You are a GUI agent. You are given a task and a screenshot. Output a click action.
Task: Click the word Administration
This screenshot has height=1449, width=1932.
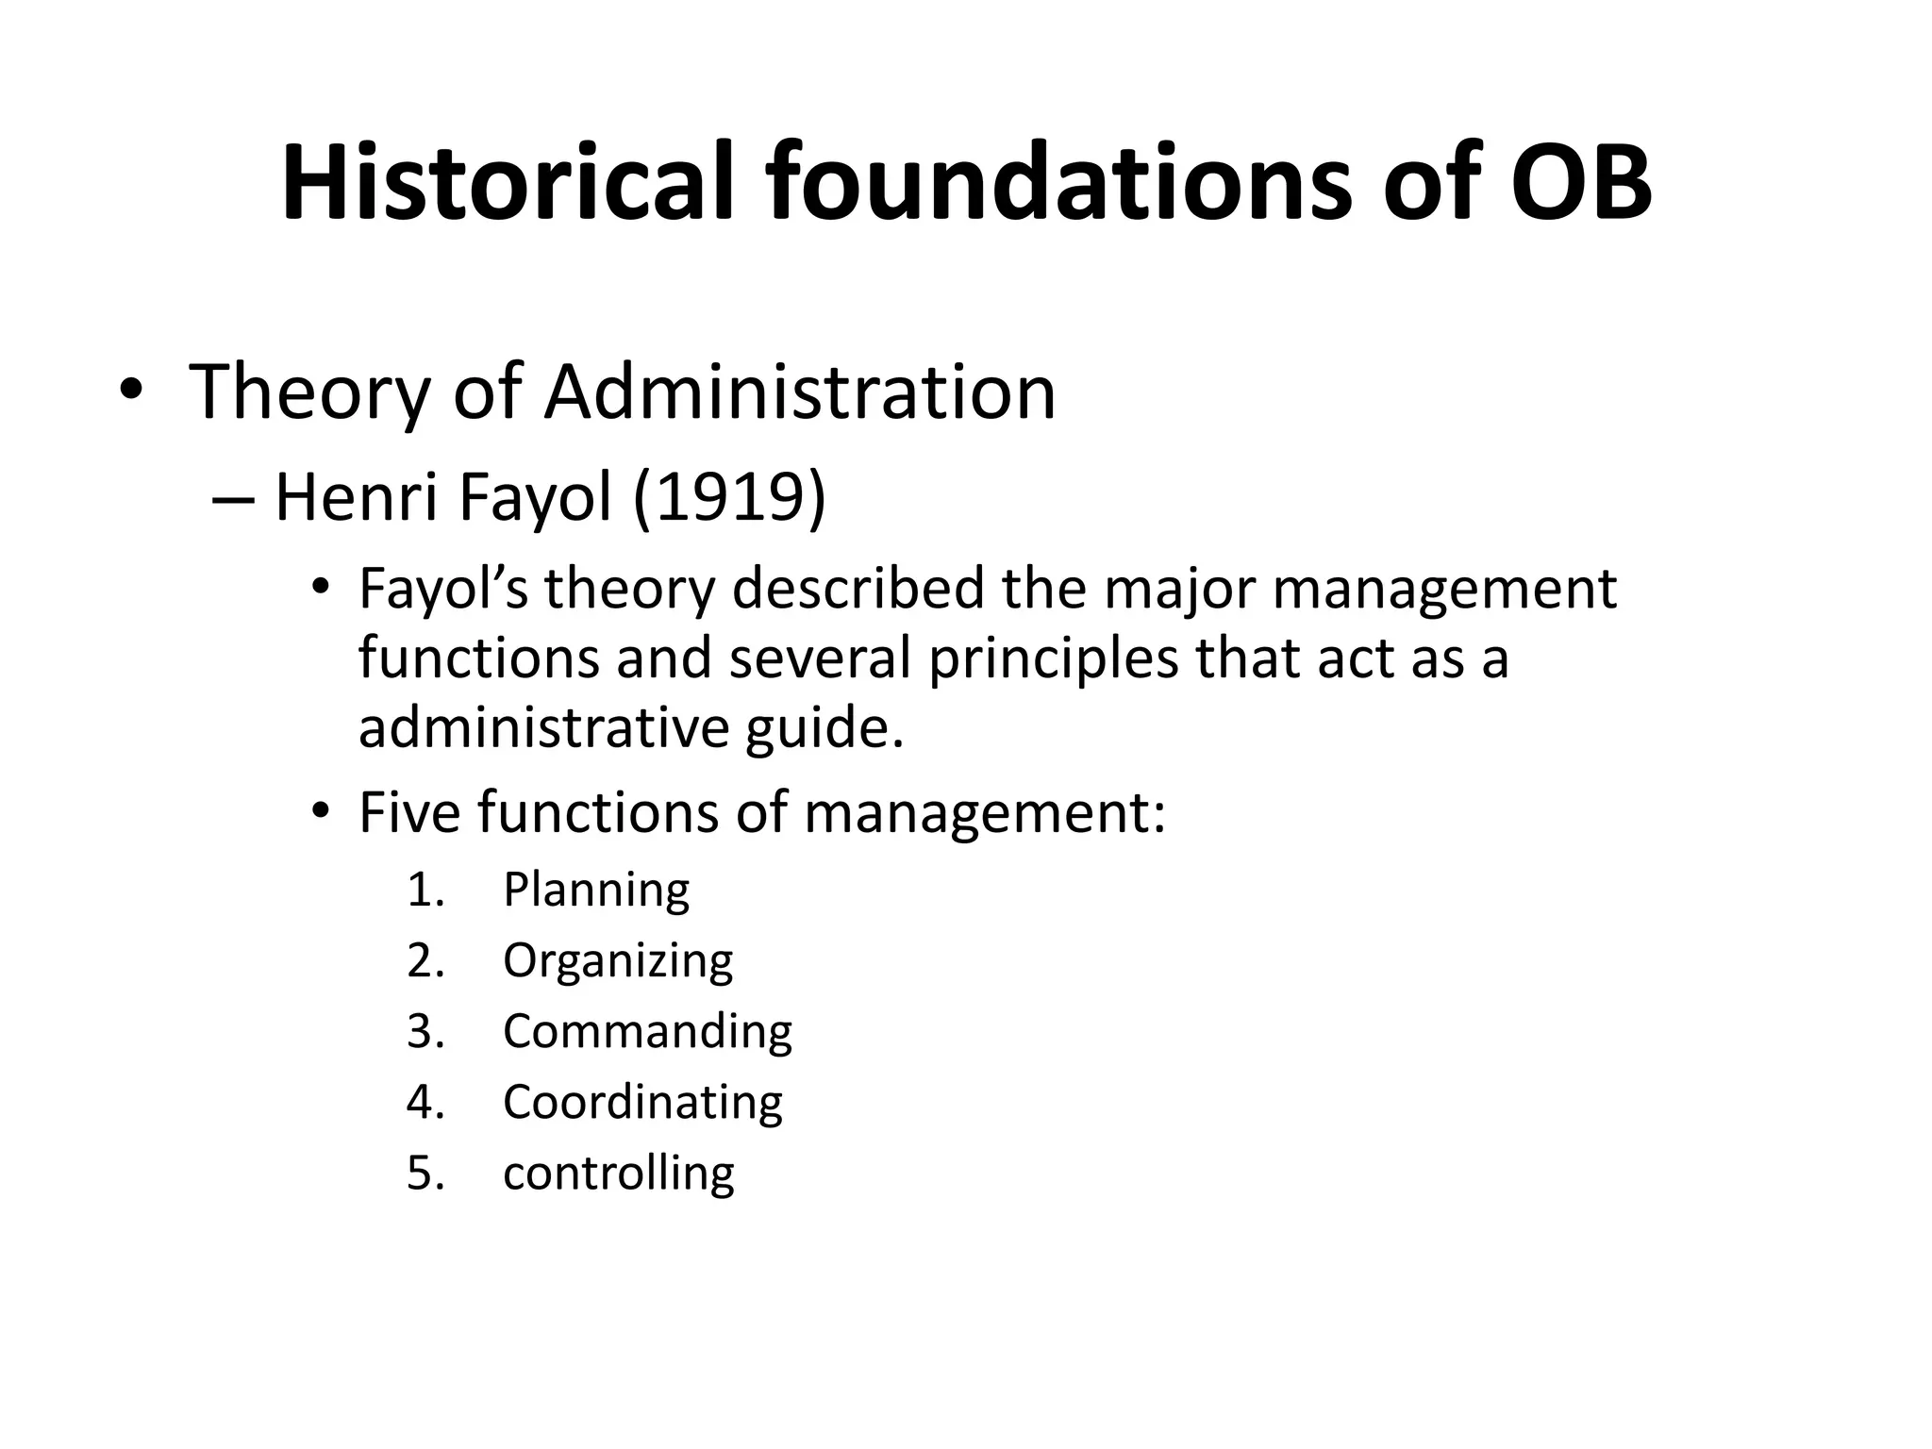(800, 391)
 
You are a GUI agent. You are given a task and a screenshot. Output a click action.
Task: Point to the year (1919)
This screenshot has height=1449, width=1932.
(729, 497)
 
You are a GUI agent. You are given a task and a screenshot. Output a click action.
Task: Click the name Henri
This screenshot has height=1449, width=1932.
(355, 497)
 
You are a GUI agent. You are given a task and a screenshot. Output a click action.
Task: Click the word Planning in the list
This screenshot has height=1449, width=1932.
(596, 890)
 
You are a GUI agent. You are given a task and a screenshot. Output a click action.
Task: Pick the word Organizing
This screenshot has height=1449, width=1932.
(618, 961)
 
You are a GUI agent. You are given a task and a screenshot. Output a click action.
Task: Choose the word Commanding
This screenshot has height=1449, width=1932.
(647, 1031)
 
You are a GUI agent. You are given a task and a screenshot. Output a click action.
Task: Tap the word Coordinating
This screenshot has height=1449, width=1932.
(642, 1102)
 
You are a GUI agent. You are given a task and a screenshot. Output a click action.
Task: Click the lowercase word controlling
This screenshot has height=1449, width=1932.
(618, 1173)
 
